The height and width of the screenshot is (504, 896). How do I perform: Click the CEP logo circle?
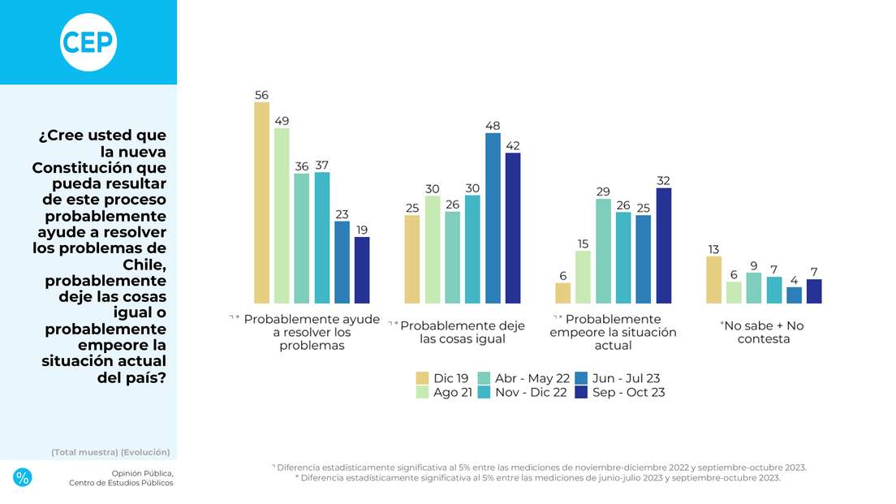[x=88, y=42]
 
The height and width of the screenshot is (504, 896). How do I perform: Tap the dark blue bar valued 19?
[x=362, y=270]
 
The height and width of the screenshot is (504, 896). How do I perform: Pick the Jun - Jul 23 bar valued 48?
[x=493, y=218]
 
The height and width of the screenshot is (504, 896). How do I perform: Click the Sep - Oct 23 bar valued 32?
[x=663, y=246]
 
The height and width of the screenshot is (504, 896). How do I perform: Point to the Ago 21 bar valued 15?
[x=583, y=277]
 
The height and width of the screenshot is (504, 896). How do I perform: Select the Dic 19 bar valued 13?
[x=714, y=280]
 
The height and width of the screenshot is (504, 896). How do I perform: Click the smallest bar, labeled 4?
[x=794, y=295]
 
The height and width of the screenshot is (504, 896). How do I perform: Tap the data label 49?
[x=282, y=121]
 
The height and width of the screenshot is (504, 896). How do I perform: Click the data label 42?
[x=512, y=145]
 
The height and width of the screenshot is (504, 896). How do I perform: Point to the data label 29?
[x=603, y=191]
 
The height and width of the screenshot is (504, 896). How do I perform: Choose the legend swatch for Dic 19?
[x=422, y=378]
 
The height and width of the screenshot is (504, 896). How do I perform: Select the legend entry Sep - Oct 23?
[x=627, y=393]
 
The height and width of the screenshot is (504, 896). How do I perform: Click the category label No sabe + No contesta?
[x=763, y=332]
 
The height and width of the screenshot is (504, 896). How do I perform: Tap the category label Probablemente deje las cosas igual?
[x=463, y=332]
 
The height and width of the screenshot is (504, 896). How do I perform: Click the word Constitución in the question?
[x=99, y=168]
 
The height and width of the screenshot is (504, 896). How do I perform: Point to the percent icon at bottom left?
[x=23, y=477]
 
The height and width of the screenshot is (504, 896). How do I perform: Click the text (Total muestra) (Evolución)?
[x=110, y=452]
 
